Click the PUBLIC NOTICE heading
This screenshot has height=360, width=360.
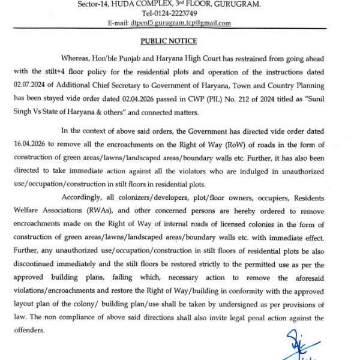click(x=169, y=41)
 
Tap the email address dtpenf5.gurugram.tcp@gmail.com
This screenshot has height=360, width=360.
click(x=181, y=23)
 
